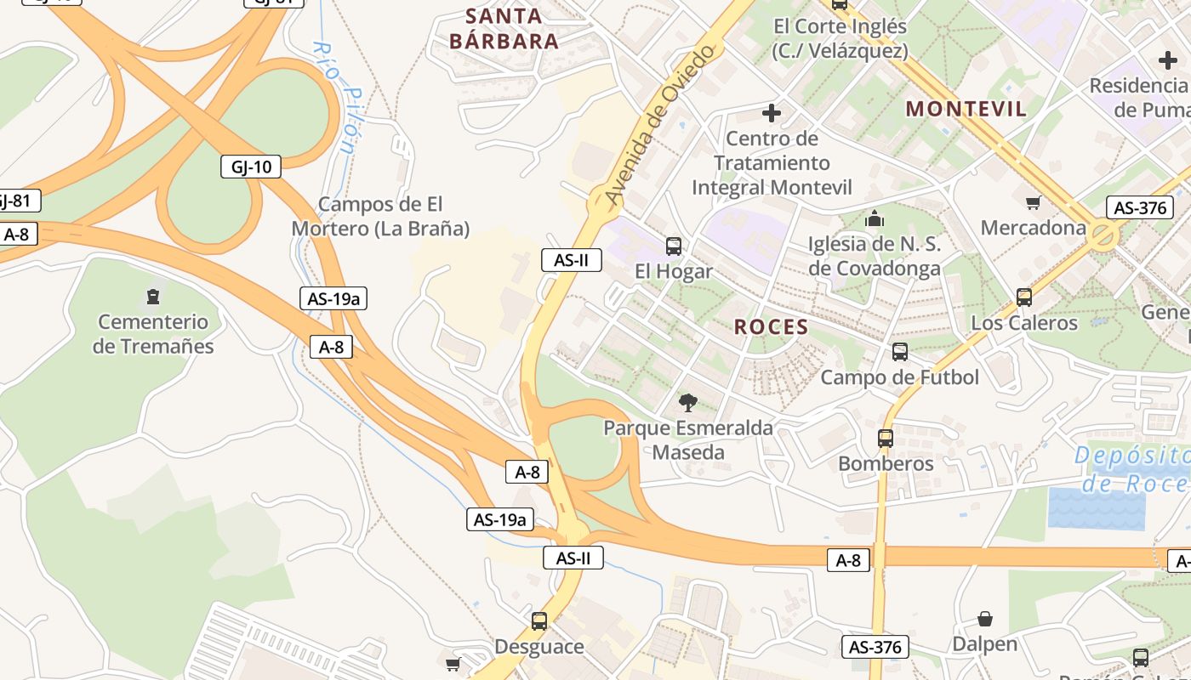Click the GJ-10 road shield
coord(251,167)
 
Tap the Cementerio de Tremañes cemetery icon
coord(152,297)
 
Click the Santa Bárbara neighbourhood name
coord(504,28)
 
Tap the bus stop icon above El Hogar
coord(674,246)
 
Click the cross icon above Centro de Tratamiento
coord(772,112)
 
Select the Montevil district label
coord(966,109)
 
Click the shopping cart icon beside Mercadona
coord(1034,202)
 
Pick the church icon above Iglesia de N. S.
coord(875,219)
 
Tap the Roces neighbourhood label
coord(771,327)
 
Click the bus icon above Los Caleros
coord(1024,297)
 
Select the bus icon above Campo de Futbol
coord(900,352)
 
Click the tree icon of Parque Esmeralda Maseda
coord(688,402)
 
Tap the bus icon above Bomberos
coord(886,439)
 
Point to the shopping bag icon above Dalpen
coord(985,619)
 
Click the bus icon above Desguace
coord(539,621)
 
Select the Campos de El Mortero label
coord(380,216)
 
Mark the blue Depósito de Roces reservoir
coord(1097,507)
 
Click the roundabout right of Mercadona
coord(1103,235)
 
